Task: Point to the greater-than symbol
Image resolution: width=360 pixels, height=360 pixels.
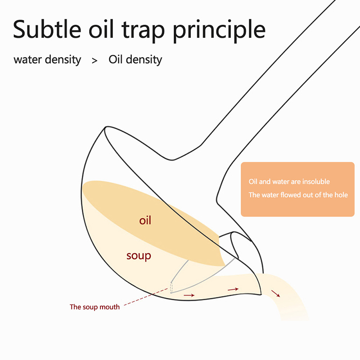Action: coord(94,60)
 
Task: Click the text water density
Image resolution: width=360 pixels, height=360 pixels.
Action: coord(47,59)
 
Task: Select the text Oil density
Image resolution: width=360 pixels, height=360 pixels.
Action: coord(135,59)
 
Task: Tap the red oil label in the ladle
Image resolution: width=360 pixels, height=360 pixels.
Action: coord(145,220)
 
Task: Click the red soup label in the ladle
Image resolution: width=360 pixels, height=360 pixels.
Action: coord(138,256)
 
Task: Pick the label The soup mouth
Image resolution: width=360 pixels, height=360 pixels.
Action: coord(94,307)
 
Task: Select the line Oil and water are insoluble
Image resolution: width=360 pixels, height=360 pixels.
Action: coord(289,182)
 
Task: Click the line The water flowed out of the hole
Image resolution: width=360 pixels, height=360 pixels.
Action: coord(298,195)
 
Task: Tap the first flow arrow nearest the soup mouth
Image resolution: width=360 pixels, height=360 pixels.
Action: coord(189,295)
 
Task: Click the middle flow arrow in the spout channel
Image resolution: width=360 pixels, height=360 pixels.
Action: coord(233,289)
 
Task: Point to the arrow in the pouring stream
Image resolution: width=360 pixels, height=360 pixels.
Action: coord(275,293)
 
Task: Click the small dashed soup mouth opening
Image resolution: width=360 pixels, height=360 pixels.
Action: coord(171,287)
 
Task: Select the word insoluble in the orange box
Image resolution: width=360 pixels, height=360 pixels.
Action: coord(315,182)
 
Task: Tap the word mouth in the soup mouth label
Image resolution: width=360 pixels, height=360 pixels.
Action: coord(110,307)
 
